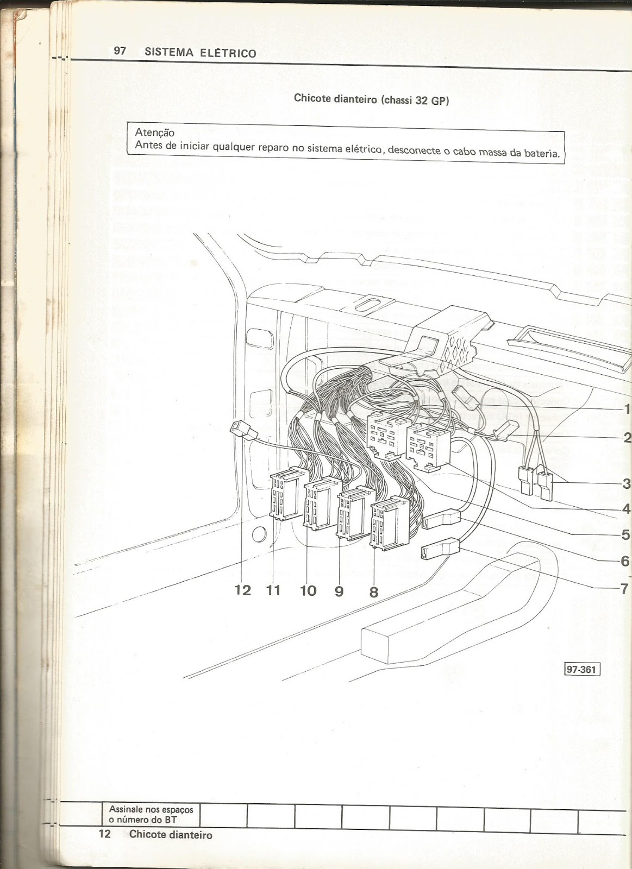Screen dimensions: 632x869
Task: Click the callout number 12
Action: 243,590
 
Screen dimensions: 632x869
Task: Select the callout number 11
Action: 273,590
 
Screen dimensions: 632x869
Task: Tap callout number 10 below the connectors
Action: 308,590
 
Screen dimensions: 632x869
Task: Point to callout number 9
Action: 339,591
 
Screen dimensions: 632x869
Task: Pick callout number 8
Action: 373,591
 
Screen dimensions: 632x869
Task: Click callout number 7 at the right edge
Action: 624,588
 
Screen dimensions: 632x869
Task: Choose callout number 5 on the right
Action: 625,534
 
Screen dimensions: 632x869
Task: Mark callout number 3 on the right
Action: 626,483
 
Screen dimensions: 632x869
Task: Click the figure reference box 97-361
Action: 581,670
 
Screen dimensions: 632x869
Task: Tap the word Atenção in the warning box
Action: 154,132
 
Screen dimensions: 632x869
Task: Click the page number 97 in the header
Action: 120,51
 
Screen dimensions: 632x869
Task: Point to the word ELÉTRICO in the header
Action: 227,53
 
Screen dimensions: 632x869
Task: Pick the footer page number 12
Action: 104,834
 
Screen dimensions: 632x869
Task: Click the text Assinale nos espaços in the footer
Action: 151,810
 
